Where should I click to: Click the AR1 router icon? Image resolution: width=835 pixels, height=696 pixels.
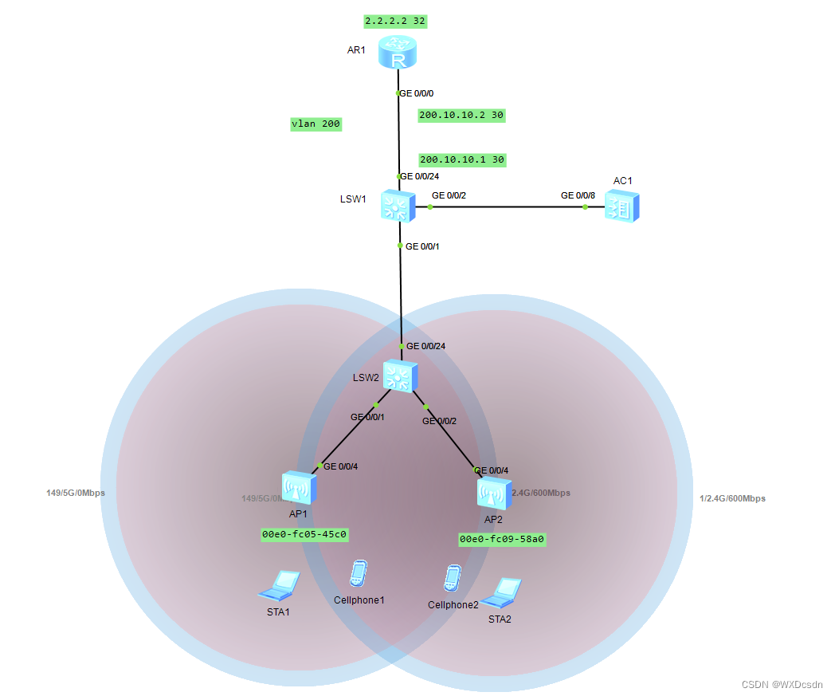coord(398,53)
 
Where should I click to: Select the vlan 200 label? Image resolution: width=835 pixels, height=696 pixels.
coord(316,124)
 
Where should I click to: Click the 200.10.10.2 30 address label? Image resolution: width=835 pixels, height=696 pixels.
coord(461,115)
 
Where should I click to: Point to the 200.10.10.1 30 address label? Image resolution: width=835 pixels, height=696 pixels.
coord(462,159)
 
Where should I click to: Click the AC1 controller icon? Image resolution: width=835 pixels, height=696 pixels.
coord(621,206)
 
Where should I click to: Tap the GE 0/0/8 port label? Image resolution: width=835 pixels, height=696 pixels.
coord(578,195)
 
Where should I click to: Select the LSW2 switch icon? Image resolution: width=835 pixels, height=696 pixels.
coord(398,376)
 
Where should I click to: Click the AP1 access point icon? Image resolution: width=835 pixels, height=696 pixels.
coord(299,486)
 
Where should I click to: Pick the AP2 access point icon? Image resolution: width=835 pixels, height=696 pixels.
coord(493,494)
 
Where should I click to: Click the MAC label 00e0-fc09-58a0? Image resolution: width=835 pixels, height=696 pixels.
coord(502,539)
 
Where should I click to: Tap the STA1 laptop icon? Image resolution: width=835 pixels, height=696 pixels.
coord(279,586)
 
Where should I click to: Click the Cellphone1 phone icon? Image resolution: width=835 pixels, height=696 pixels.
coord(359,575)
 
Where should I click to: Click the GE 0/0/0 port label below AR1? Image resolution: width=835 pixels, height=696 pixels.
coord(417,93)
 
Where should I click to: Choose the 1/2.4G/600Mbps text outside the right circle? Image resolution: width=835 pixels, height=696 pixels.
coord(732,498)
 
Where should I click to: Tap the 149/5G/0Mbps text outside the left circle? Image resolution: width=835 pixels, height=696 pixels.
coord(76,493)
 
